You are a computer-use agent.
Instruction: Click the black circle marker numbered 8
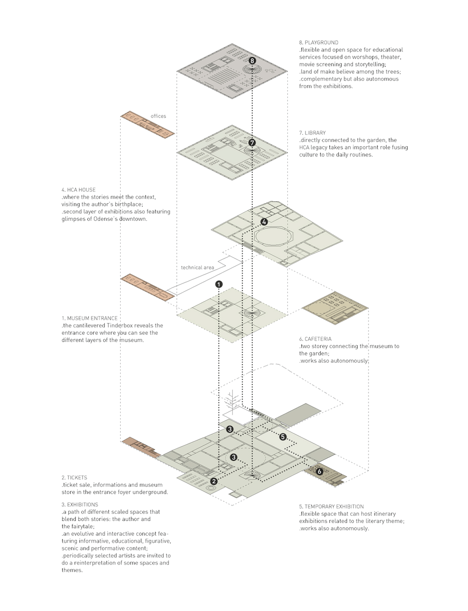(x=252, y=61)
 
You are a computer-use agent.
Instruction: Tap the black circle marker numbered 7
(x=252, y=142)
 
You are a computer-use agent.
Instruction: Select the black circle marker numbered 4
(x=264, y=222)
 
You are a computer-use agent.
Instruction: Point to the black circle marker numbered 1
(x=219, y=284)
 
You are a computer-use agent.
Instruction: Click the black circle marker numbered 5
(x=283, y=437)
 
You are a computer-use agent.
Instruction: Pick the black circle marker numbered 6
(x=320, y=472)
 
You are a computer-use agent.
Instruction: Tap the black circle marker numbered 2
(x=214, y=481)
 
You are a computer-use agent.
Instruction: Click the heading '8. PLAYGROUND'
(x=319, y=42)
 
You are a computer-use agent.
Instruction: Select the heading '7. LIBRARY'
(x=312, y=133)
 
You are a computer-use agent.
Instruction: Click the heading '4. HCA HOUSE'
(x=78, y=190)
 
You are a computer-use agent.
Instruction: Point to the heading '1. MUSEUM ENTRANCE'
(x=89, y=318)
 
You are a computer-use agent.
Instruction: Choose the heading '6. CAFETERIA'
(x=315, y=339)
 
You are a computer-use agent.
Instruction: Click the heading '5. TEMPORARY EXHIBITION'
(x=331, y=506)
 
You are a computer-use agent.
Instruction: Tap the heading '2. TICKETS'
(x=74, y=478)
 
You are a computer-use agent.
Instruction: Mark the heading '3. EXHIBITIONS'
(x=80, y=504)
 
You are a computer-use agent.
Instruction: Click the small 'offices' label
(x=158, y=116)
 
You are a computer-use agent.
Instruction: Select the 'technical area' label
(x=198, y=267)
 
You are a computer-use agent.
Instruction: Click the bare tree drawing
(x=231, y=401)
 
